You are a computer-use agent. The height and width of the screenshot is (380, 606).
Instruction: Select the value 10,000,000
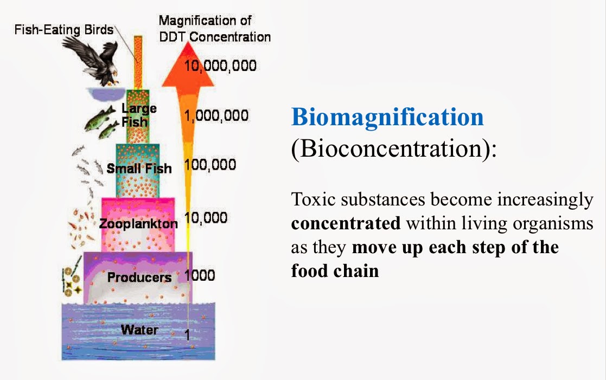[x=220, y=66]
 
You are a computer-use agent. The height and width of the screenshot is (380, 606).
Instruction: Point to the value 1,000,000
[x=216, y=115]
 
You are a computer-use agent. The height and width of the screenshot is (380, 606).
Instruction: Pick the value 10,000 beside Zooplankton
[x=206, y=218]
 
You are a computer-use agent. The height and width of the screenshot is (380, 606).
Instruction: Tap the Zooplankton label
[x=138, y=223]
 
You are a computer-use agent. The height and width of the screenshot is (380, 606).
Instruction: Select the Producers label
[x=139, y=278]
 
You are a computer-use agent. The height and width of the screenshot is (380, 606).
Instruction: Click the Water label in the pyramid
[x=139, y=330]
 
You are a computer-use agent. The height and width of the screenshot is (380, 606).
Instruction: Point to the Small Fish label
[x=139, y=168]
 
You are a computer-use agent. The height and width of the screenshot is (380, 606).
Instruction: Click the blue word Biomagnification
[x=387, y=117]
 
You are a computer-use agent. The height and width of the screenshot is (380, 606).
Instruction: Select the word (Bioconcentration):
[x=394, y=149]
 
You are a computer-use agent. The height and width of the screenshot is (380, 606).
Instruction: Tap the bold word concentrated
[x=346, y=223]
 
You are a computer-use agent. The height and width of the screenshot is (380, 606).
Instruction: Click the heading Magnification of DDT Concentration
[x=214, y=29]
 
